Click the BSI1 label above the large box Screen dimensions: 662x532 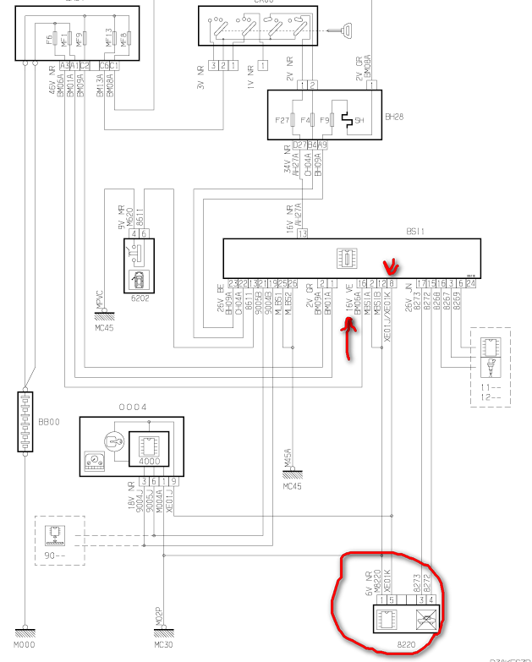click(415, 229)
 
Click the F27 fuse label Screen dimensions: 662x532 click(282, 121)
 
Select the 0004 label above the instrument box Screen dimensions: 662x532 click(132, 407)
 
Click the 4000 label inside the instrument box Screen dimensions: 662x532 click(148, 462)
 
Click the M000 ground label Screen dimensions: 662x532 click(29, 645)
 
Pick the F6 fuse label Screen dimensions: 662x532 click(49, 37)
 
